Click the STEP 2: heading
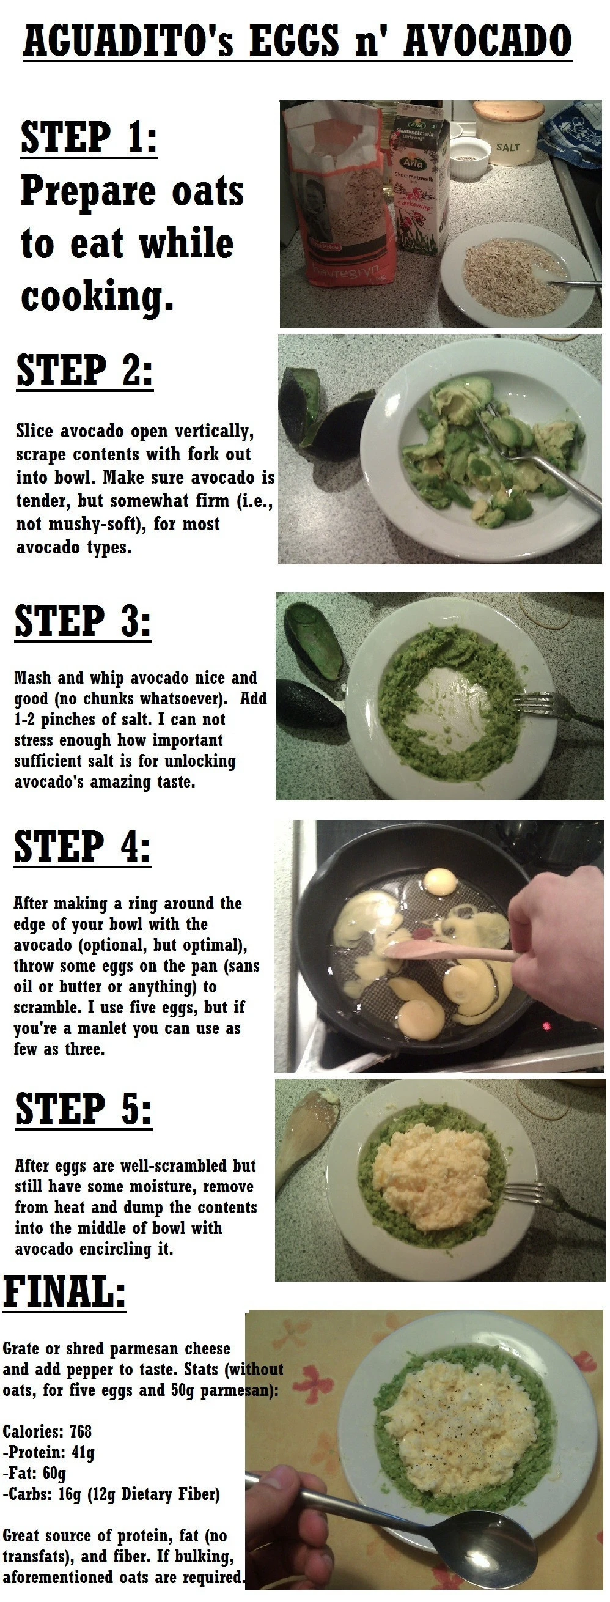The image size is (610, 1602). [x=84, y=371]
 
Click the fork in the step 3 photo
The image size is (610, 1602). [x=547, y=706]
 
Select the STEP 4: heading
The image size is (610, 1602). [x=82, y=847]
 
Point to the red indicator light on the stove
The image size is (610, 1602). [x=547, y=1026]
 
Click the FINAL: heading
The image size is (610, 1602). [x=65, y=1291]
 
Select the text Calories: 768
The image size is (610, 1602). [x=47, y=1432]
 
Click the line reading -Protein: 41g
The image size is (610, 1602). [x=48, y=1453]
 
